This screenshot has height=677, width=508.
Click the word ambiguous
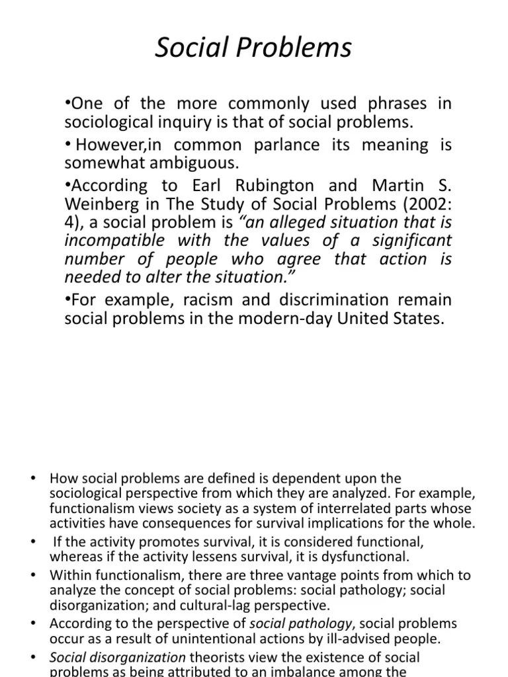coord(196,162)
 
